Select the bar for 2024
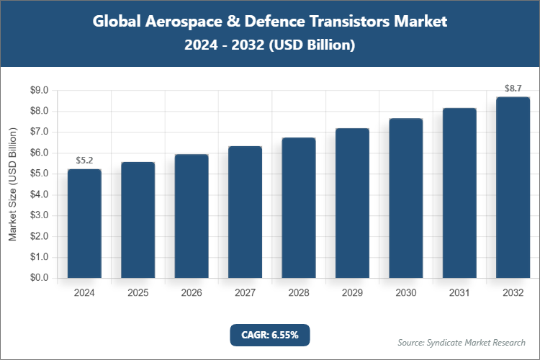(84, 223)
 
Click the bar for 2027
(245, 212)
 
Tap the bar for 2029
(352, 203)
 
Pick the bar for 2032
(513, 187)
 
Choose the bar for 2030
(405, 198)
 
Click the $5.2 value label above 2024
(84, 160)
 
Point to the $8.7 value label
(513, 88)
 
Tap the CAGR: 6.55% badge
(270, 334)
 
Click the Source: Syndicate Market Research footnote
(462, 342)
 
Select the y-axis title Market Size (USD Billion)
(12, 184)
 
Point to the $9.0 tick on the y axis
(38, 91)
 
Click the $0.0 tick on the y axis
(38, 278)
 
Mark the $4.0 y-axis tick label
(38, 194)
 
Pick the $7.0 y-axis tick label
(38, 132)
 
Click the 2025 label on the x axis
(138, 293)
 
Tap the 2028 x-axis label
(298, 293)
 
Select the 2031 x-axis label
(459, 293)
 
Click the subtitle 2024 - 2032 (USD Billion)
(270, 45)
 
